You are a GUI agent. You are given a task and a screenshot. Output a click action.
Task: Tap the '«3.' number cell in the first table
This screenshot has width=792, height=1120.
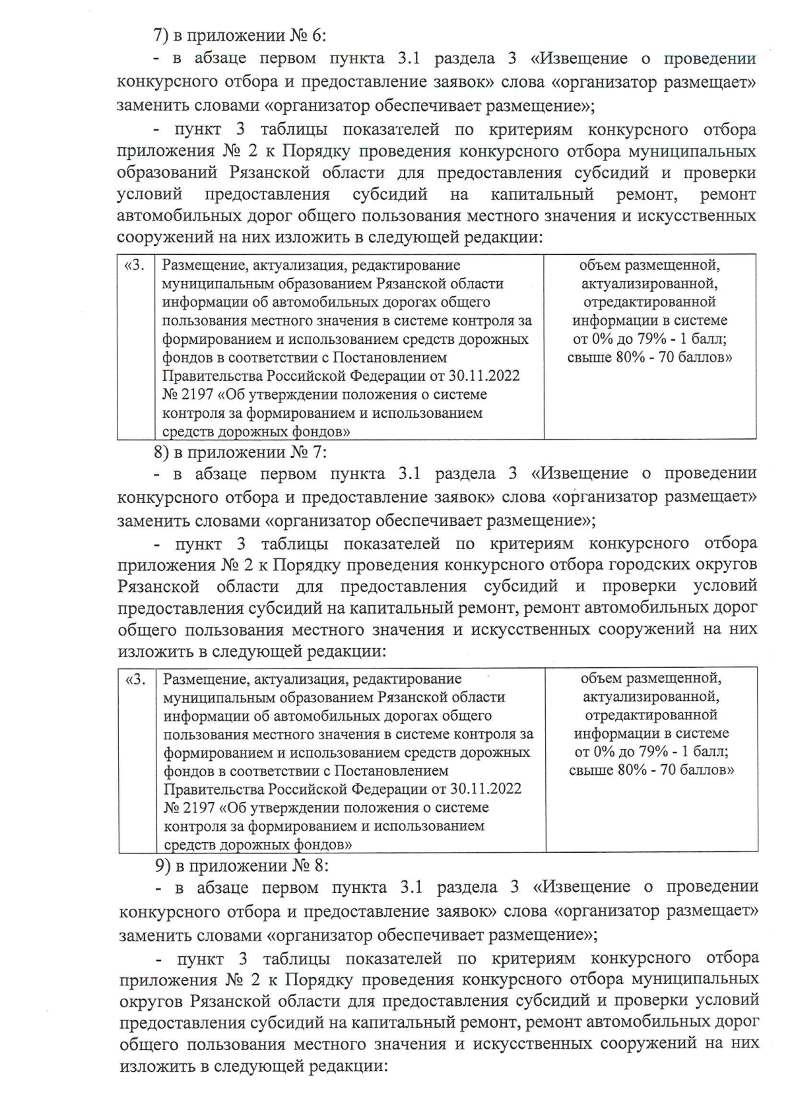pos(135,266)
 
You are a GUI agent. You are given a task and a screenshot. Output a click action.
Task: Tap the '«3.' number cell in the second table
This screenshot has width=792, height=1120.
pos(136,679)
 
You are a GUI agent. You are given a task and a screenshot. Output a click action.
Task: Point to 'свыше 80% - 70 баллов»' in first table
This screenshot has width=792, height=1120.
pos(650,358)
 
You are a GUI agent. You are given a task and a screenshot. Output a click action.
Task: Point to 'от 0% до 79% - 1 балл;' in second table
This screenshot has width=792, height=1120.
pos(651,752)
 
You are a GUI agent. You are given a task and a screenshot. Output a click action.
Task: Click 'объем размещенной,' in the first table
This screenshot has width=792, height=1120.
pos(649,265)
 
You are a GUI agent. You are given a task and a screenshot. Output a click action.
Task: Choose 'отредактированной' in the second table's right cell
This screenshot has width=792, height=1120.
pos(651,715)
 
